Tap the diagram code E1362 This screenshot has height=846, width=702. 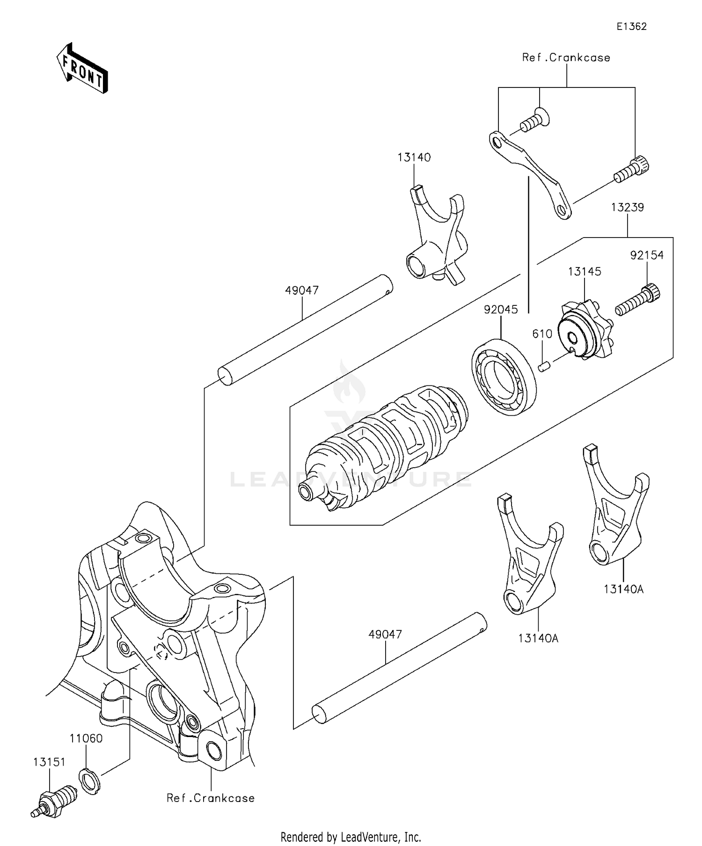pos(631,27)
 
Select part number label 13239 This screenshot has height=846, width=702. pos(627,207)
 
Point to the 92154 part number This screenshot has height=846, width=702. pos(647,255)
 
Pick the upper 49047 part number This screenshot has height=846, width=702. pos(302,290)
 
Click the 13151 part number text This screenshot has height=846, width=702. pos(49,762)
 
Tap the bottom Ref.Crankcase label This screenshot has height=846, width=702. pos(211,798)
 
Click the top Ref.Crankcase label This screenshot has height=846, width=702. pos(566,58)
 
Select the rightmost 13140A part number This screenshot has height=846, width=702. pos(623,589)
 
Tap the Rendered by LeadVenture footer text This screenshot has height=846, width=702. pos(351,837)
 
